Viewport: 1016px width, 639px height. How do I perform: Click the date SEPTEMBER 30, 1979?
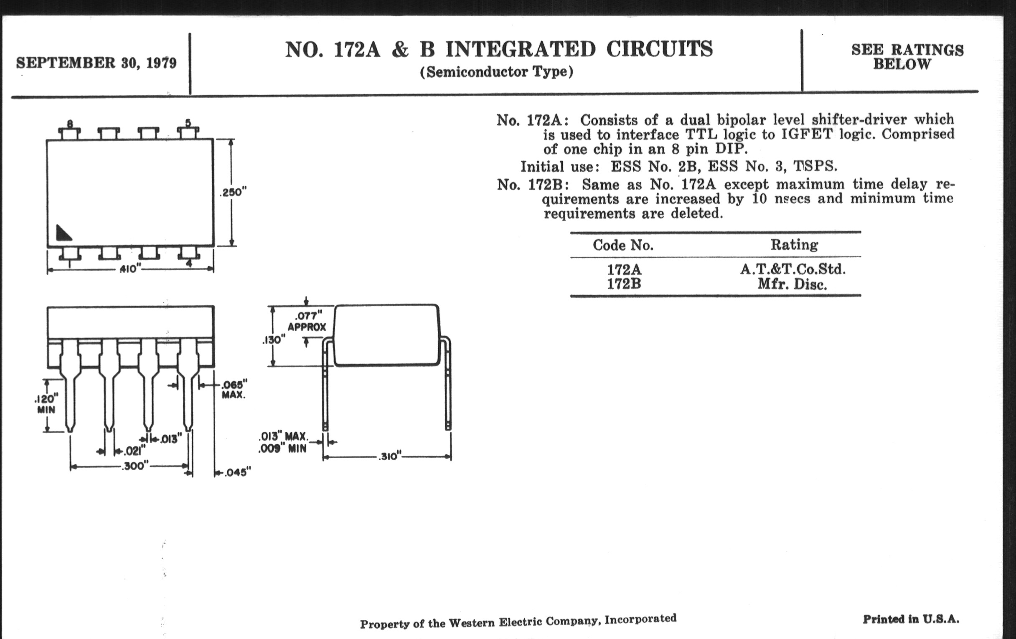coord(96,63)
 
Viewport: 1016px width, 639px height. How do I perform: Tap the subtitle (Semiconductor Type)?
coord(496,72)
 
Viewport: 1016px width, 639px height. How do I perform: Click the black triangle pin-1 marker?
coord(63,233)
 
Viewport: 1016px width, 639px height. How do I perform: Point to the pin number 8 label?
coord(70,124)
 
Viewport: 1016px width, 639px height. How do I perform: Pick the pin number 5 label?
coord(188,123)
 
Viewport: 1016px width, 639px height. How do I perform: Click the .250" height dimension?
coord(233,193)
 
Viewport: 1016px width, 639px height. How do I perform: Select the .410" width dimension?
coord(129,269)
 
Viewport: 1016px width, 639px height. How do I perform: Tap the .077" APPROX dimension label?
coord(307,322)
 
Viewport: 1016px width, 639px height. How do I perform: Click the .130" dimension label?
coord(273,340)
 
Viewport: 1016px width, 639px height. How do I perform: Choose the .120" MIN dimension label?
coord(46,404)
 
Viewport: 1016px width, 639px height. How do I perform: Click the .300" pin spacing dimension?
coord(135,466)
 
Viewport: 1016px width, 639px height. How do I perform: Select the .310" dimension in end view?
coord(388,456)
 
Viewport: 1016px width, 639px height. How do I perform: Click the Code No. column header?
coord(623,245)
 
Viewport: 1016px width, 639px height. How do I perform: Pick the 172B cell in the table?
coord(624,284)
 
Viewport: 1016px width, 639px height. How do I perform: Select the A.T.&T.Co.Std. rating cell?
coord(793,269)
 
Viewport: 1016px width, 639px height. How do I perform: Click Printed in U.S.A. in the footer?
coord(911,619)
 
